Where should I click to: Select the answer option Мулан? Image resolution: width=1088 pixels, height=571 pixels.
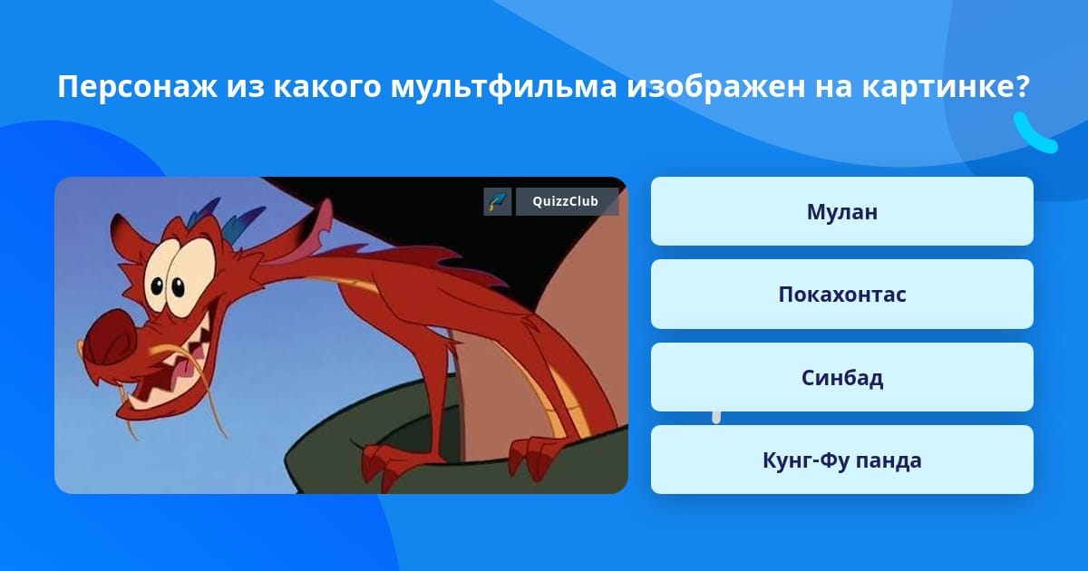click(841, 211)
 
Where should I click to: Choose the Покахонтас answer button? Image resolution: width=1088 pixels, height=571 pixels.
click(841, 295)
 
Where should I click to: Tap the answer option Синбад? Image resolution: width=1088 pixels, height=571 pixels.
click(841, 377)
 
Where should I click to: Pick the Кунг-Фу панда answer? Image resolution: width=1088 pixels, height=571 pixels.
click(841, 460)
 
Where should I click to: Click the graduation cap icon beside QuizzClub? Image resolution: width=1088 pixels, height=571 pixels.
click(498, 201)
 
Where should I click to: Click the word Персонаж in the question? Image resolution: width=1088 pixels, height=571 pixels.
click(138, 86)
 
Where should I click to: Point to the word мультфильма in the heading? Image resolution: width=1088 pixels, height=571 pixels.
click(504, 87)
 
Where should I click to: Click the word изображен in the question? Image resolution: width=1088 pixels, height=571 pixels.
click(716, 86)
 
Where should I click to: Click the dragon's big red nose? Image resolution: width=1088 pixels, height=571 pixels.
click(112, 337)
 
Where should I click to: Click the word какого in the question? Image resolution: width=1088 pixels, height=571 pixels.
click(327, 86)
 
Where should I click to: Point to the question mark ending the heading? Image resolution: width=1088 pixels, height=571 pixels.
click(1023, 85)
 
